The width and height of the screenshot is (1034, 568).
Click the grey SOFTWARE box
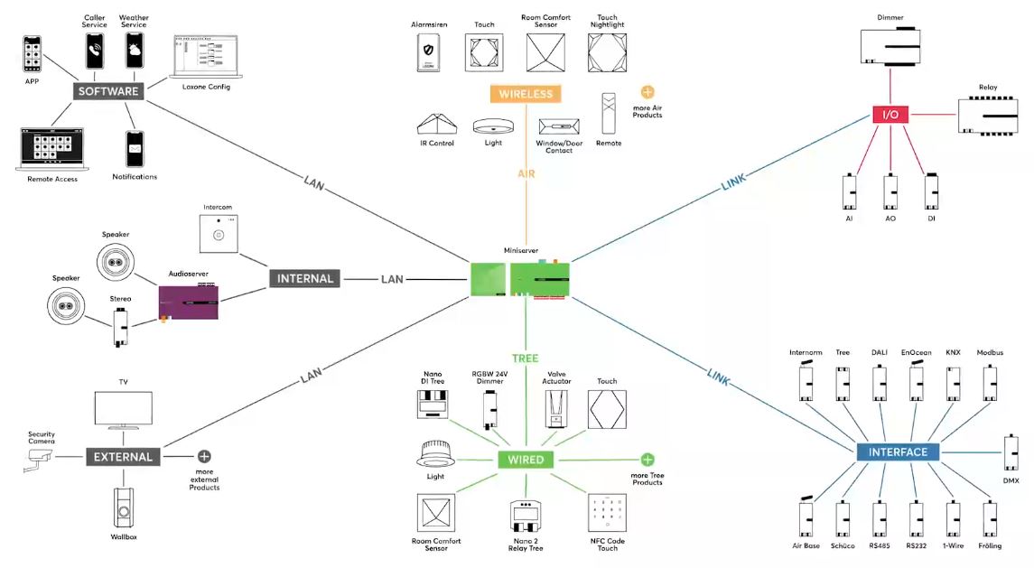pos(108,91)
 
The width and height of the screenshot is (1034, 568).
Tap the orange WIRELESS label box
pos(525,93)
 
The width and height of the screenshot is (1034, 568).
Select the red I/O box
pos(890,115)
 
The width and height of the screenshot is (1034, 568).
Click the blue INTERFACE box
pos(898,452)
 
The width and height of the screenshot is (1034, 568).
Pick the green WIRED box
pos(526,460)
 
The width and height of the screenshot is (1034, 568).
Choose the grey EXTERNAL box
pos(124,457)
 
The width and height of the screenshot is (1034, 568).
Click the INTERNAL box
pos(305,279)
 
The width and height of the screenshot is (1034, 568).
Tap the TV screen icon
pos(124,412)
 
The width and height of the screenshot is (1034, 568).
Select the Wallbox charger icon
pos(124,509)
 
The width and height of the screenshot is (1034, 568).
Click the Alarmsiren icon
pos(430,53)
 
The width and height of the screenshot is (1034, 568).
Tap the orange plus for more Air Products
pos(647,92)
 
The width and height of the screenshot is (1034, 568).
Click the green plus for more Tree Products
pos(647,460)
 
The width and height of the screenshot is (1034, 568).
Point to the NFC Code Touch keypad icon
pos(607,514)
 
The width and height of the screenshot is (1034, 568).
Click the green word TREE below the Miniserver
pos(525,358)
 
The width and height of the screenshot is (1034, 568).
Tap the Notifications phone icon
pos(135,149)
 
